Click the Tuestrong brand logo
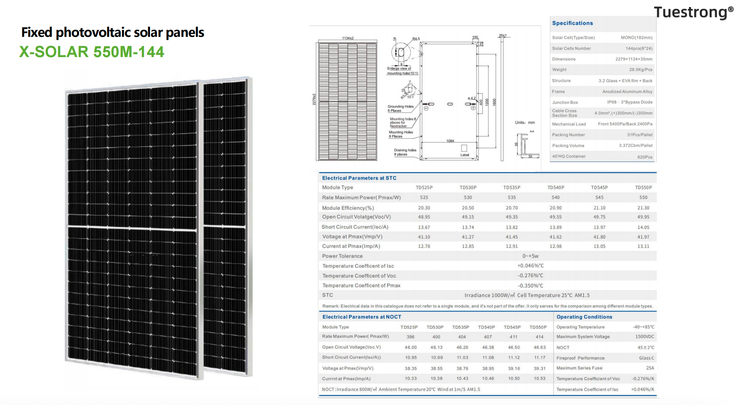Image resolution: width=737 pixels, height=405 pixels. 694,13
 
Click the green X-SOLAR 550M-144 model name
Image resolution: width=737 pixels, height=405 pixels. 92,52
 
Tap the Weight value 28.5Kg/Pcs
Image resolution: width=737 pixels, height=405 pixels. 641,70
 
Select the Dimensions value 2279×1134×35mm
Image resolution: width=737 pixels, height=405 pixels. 634,59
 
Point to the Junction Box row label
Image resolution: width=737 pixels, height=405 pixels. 565,103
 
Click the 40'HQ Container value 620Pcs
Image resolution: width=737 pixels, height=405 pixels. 645,157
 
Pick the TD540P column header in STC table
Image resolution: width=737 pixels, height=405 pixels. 556,188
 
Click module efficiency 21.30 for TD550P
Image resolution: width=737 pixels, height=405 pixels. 643,208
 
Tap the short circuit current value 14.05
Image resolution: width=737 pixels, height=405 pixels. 643,227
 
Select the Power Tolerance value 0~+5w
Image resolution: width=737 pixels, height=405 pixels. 530,256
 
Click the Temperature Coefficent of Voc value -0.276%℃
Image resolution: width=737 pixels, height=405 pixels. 530,276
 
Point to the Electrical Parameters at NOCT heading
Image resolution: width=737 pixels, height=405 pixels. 362,317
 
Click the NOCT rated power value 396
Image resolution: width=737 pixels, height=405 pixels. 410,337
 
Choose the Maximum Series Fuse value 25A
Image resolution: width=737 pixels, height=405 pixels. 650,368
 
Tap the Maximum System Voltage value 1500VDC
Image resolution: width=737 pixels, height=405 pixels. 645,337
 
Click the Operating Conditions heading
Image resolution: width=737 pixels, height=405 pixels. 584,317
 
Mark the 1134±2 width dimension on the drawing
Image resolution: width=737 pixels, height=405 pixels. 348,38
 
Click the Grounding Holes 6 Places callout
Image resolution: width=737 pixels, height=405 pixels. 400,109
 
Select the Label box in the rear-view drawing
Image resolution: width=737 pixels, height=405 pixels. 464,148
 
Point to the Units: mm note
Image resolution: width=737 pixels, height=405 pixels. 525,122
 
